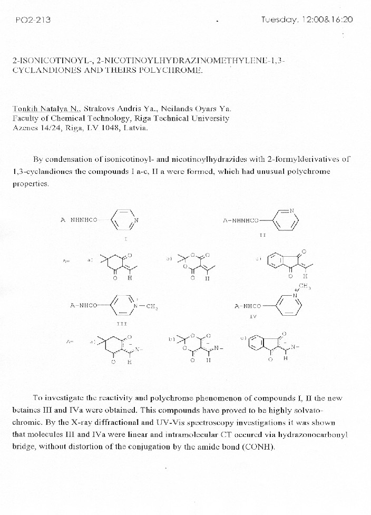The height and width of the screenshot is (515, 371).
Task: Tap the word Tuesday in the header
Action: pyautogui.click(x=280, y=20)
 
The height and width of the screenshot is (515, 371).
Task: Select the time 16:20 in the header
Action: pyautogui.click(x=341, y=20)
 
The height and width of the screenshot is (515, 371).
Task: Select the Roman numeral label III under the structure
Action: pyautogui.click(x=122, y=322)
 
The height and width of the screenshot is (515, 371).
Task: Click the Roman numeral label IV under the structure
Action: pyautogui.click(x=253, y=317)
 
